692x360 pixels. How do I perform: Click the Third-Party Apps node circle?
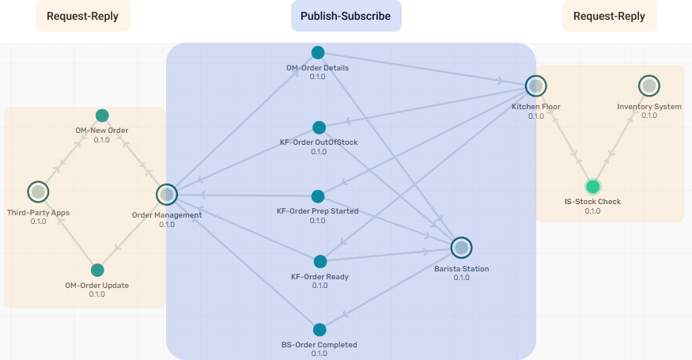38,191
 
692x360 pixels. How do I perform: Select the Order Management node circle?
166,194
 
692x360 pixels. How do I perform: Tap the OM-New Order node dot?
102,116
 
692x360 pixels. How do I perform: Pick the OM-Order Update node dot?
97,270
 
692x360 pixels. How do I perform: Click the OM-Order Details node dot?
318,52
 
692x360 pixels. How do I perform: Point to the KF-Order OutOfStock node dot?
320,127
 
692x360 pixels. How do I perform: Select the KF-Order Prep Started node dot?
318,196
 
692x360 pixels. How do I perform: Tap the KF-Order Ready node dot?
320,262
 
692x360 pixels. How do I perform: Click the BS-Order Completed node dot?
320,330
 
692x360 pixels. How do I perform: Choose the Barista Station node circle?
461,248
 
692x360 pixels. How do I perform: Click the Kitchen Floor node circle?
536,85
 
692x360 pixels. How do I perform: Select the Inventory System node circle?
649,85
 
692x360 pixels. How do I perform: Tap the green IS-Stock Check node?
592,187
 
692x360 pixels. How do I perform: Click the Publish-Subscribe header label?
346,16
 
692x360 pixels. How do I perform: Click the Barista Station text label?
461,269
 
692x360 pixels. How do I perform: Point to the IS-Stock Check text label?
592,202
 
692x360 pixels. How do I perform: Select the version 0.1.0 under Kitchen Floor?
536,116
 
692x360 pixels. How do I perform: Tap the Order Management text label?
167,215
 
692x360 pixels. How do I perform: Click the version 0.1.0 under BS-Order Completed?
320,354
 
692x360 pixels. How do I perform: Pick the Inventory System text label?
649,106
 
